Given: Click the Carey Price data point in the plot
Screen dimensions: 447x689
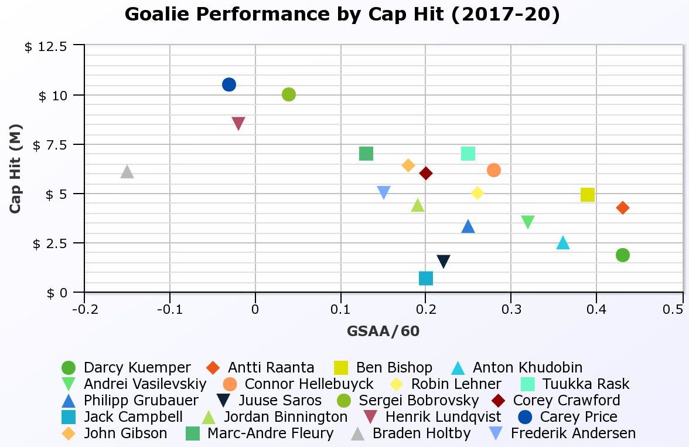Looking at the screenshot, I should [x=229, y=84].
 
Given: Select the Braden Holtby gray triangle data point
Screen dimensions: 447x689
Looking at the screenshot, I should [x=127, y=172].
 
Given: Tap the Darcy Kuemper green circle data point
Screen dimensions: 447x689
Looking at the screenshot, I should [x=623, y=255].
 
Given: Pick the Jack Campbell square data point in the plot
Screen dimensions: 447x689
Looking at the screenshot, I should [x=426, y=278].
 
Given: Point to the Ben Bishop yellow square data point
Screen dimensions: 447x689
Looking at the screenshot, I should [x=588, y=195].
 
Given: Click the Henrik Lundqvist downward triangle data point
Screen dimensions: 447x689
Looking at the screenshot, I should [x=238, y=123].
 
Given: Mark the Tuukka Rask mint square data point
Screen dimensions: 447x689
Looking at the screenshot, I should [x=468, y=154].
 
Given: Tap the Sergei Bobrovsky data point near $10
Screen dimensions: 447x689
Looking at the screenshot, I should [x=289, y=94].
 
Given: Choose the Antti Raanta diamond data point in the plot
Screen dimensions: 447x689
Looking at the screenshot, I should [x=623, y=208].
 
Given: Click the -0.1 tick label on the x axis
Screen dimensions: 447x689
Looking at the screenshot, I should [x=169, y=309].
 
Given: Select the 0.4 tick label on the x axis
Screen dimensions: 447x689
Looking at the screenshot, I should [x=596, y=309].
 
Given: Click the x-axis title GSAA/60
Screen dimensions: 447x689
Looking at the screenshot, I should [x=383, y=331].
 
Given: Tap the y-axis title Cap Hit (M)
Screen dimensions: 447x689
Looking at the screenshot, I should [x=15, y=168].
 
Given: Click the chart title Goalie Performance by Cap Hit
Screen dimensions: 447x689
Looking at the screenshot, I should [x=343, y=14].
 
